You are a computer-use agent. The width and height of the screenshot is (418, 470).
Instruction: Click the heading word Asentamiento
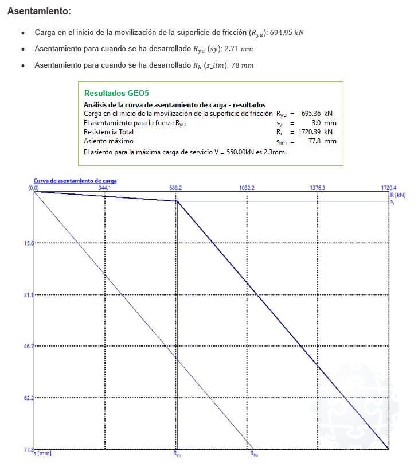[39, 11]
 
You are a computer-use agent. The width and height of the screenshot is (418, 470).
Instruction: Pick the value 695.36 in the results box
[311, 114]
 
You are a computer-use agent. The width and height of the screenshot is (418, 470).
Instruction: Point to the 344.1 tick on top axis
[104, 188]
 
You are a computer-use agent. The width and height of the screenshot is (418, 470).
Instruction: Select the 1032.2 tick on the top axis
[247, 188]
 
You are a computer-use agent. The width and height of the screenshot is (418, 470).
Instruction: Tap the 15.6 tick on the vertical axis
[29, 243]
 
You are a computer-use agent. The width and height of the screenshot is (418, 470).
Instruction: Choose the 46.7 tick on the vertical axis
[29, 346]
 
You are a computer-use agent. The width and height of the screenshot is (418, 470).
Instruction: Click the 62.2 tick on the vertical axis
[29, 397]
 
